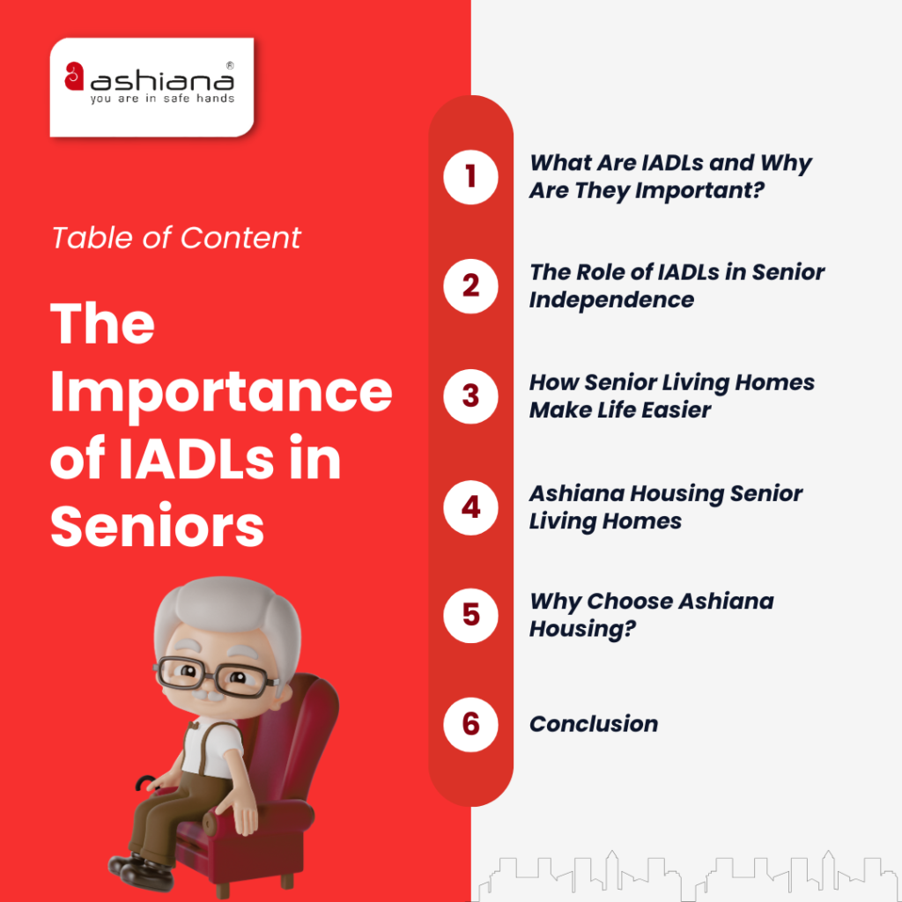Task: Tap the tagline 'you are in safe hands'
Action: tap(162, 99)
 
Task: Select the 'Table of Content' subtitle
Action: tap(176, 238)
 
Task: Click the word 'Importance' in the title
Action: tap(221, 392)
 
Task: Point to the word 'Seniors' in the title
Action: tap(158, 528)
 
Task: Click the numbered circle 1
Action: tap(470, 177)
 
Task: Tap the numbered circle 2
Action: tap(470, 286)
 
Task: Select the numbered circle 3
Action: tap(470, 396)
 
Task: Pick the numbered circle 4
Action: tap(470, 507)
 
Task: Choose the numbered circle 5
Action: tap(470, 614)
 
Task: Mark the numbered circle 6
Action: tap(470, 724)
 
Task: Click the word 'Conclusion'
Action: tap(594, 724)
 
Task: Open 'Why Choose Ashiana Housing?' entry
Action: tap(651, 615)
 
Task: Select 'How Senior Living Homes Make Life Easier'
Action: tap(671, 396)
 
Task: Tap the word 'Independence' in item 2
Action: tap(611, 299)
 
